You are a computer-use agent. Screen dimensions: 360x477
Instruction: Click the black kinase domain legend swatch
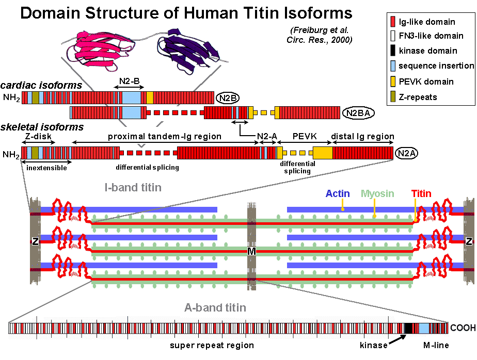393,51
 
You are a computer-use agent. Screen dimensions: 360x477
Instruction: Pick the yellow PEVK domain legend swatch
393,81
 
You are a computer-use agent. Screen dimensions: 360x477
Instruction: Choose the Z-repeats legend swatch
393,97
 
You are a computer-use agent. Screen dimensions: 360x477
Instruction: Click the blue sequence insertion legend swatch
393,66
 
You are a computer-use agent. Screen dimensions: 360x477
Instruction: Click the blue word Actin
338,194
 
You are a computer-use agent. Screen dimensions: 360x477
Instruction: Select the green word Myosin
377,194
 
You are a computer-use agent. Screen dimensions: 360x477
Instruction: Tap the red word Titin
421,194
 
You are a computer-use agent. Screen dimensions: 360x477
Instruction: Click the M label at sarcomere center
251,251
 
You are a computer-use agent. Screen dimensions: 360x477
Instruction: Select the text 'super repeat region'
212,345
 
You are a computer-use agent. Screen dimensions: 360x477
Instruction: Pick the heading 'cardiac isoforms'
41,85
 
